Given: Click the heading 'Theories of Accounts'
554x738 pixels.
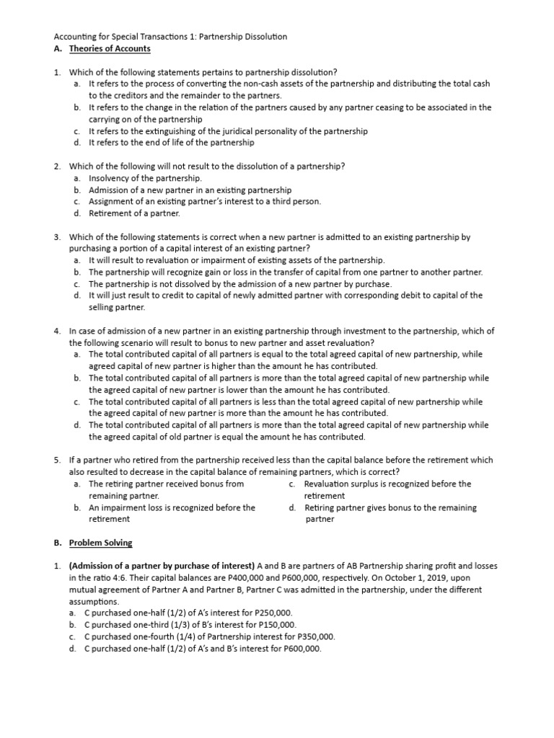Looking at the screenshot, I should coord(110,49).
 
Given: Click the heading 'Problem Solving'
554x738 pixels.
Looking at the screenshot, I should coord(100,543).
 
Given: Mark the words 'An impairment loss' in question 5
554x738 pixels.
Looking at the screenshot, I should coord(125,507).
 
